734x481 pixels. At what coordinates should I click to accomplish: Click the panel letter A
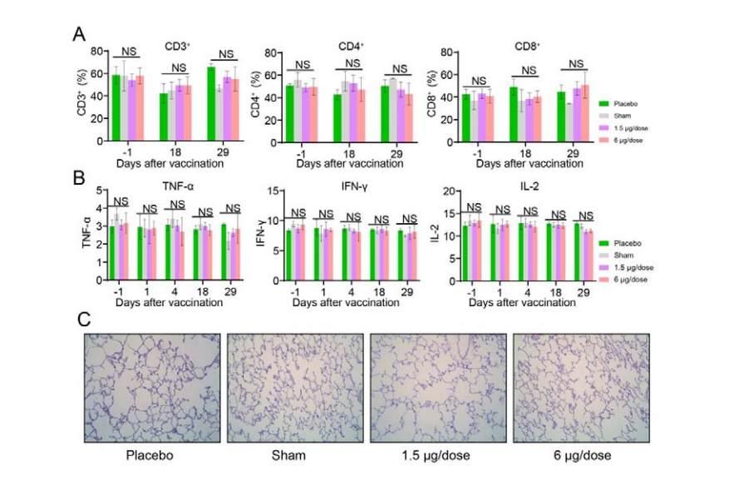click(x=80, y=34)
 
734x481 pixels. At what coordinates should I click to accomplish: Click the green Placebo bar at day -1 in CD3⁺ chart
click(x=116, y=107)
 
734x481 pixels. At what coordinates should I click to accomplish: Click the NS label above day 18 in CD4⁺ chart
click(x=352, y=63)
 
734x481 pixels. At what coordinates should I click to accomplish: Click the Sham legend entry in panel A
click(x=621, y=115)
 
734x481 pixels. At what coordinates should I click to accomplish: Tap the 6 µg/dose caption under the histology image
click(x=582, y=455)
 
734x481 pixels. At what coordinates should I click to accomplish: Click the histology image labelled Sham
click(x=295, y=388)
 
